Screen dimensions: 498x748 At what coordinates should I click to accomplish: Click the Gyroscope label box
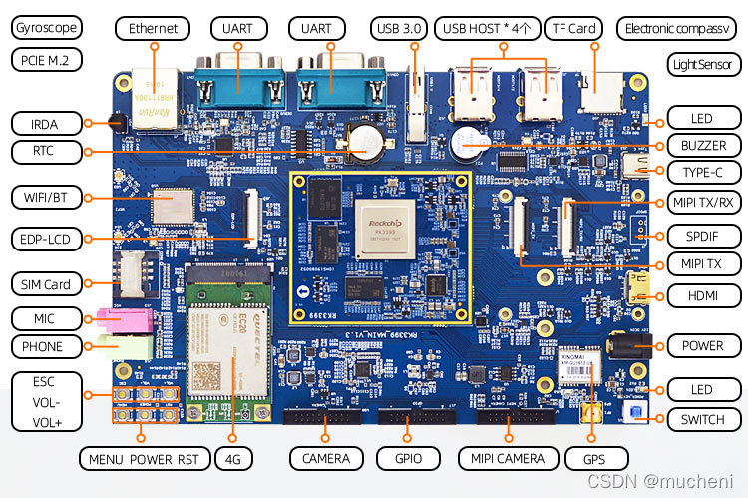click(45, 27)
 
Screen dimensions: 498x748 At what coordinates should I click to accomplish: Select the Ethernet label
click(153, 28)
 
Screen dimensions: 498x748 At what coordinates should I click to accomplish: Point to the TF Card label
click(575, 28)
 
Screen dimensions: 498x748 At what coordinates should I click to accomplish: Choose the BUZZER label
click(703, 145)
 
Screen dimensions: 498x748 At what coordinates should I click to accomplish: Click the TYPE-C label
click(703, 172)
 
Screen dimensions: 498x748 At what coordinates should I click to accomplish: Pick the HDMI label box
click(703, 295)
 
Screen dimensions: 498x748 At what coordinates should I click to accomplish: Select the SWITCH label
click(703, 419)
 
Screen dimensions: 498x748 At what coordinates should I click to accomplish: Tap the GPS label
click(596, 458)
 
